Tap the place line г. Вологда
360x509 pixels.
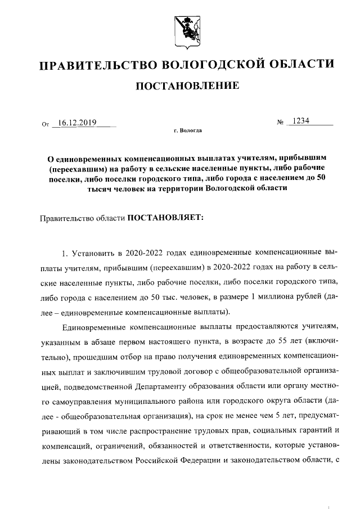[x=187, y=131]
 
